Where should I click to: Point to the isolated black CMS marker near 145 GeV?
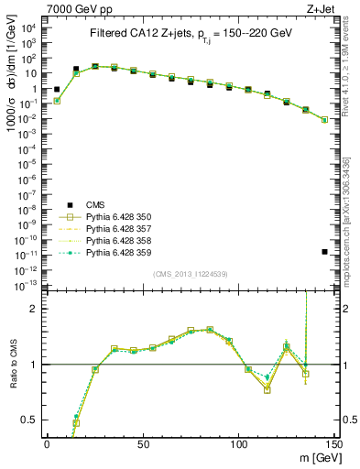tap(325, 251)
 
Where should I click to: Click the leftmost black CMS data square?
tap(57, 90)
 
